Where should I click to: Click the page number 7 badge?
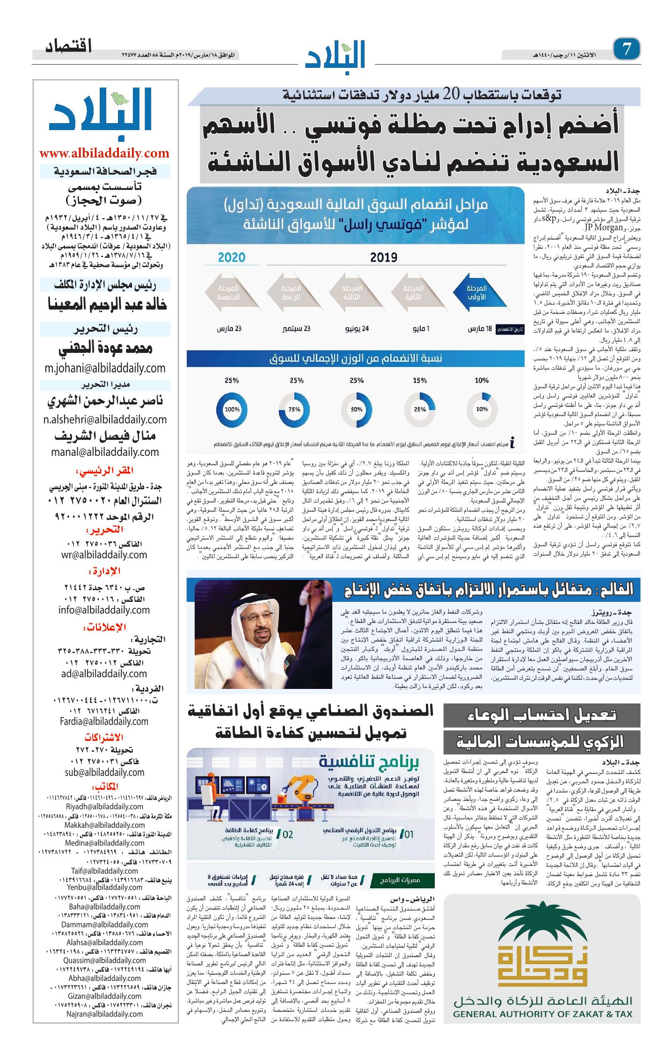(626, 49)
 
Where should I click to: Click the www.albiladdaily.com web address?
(104, 153)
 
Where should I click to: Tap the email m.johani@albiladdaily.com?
(105, 368)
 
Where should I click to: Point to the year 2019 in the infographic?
(384, 257)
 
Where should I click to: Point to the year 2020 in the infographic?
(232, 257)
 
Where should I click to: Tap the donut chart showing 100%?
(232, 409)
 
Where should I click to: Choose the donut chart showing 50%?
(357, 409)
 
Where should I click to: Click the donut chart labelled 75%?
(294, 409)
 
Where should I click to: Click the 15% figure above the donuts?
(420, 381)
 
